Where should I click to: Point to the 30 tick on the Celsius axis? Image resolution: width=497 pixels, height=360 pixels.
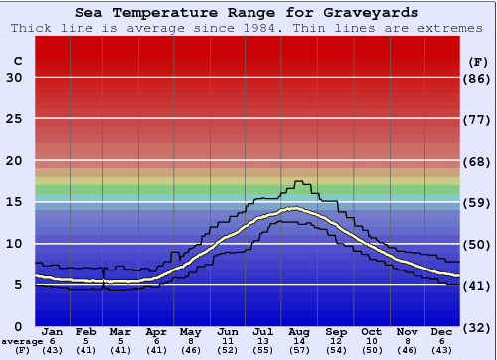(x=14, y=78)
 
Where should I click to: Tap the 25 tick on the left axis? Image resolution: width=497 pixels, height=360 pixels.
(x=14, y=119)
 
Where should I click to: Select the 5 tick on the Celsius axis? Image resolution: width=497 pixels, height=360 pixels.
(x=18, y=285)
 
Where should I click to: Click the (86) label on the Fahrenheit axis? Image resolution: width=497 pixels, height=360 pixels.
(x=478, y=78)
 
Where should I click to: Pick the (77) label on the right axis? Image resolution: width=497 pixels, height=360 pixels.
(x=478, y=119)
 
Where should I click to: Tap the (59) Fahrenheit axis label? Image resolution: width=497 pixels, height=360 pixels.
(x=478, y=203)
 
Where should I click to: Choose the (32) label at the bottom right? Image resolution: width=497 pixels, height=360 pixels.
(x=478, y=327)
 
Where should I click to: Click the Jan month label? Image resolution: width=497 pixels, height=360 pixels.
(x=53, y=331)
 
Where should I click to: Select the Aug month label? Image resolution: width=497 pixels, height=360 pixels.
(x=299, y=331)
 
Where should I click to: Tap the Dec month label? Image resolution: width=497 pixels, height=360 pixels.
(x=441, y=331)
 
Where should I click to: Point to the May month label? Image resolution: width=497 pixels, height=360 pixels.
(x=189, y=331)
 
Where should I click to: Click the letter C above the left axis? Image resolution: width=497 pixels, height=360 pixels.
(x=17, y=61)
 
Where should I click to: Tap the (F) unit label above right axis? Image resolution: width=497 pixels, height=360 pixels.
(x=478, y=61)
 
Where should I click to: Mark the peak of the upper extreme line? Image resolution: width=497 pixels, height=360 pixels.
(x=297, y=181)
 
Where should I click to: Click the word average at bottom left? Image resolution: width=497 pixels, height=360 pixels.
(x=19, y=341)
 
